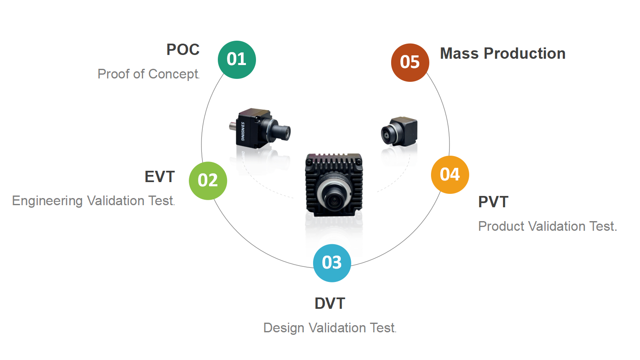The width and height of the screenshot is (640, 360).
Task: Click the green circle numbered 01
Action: pyautogui.click(x=237, y=60)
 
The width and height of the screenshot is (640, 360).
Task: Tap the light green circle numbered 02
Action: pyautogui.click(x=208, y=180)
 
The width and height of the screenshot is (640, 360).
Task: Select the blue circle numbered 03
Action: pyautogui.click(x=332, y=263)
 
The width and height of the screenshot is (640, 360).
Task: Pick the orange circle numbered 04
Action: pyautogui.click(x=450, y=175)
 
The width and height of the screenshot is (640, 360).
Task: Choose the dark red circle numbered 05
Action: pyautogui.click(x=410, y=63)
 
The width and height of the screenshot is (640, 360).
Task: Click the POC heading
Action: pyautogui.click(x=183, y=50)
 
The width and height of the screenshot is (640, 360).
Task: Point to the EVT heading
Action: pyautogui.click(x=159, y=177)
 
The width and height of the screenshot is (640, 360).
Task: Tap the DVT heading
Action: pyautogui.click(x=330, y=303)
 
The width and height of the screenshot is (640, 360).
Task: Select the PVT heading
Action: pyautogui.click(x=493, y=202)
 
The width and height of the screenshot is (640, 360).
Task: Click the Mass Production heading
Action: pyautogui.click(x=503, y=53)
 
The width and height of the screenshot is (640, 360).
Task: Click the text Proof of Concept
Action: pyautogui.click(x=148, y=74)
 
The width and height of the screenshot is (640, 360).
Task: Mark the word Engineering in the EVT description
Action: pyautogui.click(x=47, y=201)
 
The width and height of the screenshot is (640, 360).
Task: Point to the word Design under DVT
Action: pyautogui.click(x=284, y=328)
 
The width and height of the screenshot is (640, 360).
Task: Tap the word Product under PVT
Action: pyautogui.click(x=501, y=226)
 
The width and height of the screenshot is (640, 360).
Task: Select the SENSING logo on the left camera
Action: pyautogui.click(x=243, y=131)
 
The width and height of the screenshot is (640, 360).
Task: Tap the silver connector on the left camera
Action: pyautogui.click(x=233, y=126)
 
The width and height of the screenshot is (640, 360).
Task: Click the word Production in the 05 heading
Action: pyautogui.click(x=525, y=53)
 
